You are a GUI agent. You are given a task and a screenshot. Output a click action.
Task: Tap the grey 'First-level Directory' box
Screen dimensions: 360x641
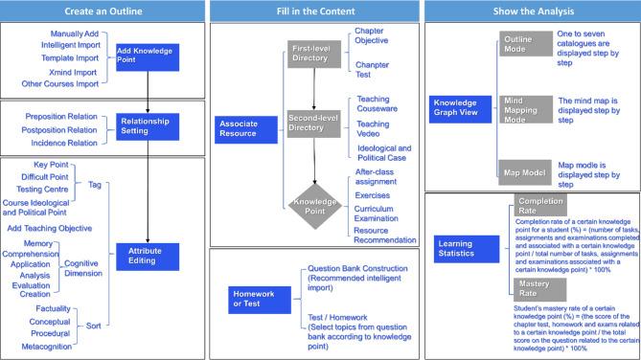(x=312, y=54)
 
